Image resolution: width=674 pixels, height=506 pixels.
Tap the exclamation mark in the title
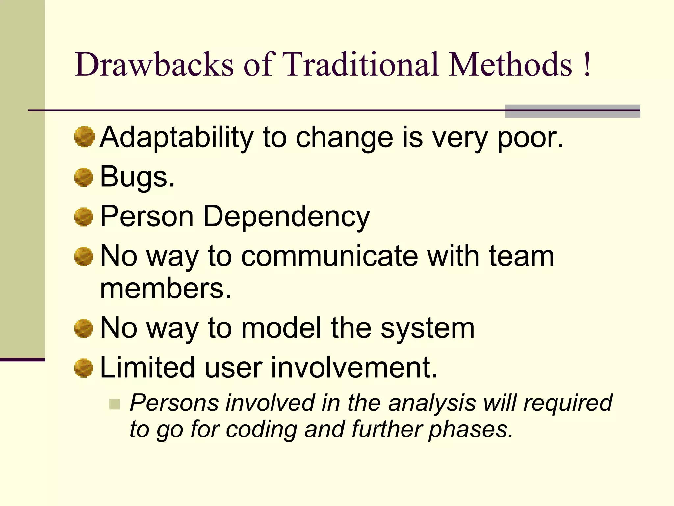(x=587, y=64)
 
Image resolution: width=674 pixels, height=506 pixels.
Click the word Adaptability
(x=176, y=138)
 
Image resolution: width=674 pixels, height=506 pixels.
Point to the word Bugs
(x=137, y=177)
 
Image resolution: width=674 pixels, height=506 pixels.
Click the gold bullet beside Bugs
(x=84, y=177)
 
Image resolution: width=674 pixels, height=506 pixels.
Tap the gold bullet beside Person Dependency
(x=84, y=217)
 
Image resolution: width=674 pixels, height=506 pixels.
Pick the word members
(x=166, y=289)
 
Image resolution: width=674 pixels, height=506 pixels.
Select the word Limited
(x=147, y=367)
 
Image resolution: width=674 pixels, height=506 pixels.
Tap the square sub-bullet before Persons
(x=115, y=404)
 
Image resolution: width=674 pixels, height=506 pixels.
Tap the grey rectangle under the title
(x=573, y=111)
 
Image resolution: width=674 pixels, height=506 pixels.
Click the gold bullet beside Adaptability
(x=84, y=137)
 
